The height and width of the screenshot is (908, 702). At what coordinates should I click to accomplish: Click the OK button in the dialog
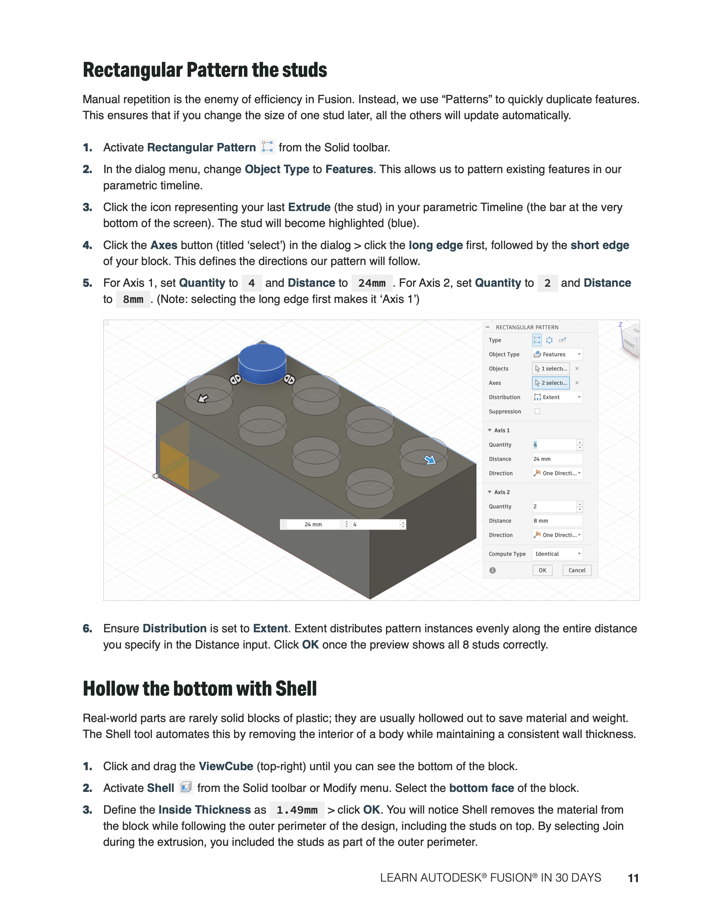pyautogui.click(x=542, y=570)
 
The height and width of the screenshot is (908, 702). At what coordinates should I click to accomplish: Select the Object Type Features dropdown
pyautogui.click(x=557, y=354)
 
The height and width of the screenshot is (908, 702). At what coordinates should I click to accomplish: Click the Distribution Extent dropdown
pyautogui.click(x=557, y=397)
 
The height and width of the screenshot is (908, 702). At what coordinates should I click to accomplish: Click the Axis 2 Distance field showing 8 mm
pyautogui.click(x=557, y=521)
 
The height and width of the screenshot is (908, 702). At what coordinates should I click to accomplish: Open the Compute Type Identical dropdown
pyautogui.click(x=557, y=554)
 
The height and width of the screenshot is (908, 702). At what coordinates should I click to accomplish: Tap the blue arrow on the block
pyautogui.click(x=430, y=460)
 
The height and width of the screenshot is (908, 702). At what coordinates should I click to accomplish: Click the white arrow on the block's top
pyautogui.click(x=203, y=399)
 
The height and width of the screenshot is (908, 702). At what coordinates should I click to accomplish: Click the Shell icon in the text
pyautogui.click(x=186, y=787)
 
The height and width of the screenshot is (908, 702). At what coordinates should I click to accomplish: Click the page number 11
pyautogui.click(x=633, y=878)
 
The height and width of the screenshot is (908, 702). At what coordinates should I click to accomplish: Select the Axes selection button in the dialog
pyautogui.click(x=551, y=383)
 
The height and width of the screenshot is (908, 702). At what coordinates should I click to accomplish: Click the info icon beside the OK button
pyautogui.click(x=493, y=570)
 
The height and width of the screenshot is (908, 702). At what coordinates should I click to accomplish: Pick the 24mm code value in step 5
pyautogui.click(x=372, y=283)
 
